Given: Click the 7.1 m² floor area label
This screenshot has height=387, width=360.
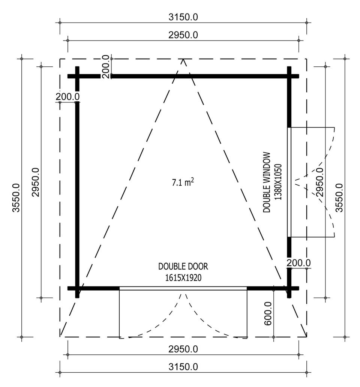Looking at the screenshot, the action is (183, 182).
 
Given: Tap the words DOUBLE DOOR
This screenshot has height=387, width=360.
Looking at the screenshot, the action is (183, 267).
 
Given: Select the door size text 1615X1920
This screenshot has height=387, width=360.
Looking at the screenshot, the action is (183, 278).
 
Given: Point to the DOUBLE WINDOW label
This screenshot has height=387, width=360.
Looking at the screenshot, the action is (267, 182).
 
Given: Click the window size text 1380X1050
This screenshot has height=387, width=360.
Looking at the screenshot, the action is (278, 182).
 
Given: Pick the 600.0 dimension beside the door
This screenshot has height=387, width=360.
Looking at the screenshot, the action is (268, 313).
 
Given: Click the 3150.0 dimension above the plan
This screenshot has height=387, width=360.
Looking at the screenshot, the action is (183, 17).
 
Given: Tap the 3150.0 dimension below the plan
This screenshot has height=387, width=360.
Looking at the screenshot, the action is (183, 367).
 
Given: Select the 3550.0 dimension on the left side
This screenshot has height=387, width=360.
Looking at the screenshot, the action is (16, 198).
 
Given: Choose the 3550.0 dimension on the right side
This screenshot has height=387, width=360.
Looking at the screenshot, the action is (339, 198).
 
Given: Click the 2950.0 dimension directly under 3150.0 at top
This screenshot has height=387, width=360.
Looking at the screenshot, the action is (183, 35).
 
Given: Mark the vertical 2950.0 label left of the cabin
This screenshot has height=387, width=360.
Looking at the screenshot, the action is (36, 182).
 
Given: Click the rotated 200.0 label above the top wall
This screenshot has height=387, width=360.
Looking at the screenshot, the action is (105, 67).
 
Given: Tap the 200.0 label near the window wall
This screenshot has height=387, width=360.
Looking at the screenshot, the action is (298, 263).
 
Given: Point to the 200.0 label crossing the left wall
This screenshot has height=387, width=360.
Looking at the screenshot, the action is (67, 96).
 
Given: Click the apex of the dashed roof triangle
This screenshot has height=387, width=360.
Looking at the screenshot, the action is (183, 59).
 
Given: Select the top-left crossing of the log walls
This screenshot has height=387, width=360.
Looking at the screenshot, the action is (77, 76).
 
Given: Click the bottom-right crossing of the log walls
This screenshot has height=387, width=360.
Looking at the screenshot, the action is (289, 288).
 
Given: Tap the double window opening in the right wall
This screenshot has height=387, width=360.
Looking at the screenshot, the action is (289, 182).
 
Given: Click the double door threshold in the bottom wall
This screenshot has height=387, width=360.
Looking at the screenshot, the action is (183, 288).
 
